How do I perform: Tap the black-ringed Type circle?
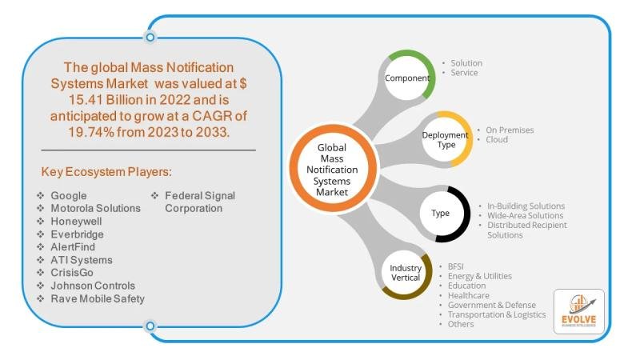[x=442, y=214]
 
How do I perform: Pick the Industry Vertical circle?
[x=406, y=272]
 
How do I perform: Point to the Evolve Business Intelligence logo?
[x=578, y=310]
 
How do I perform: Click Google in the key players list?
[x=68, y=195]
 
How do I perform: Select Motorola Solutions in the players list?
[x=95, y=208]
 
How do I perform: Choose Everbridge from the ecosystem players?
[x=77, y=234]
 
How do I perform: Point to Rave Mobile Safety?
[x=98, y=298]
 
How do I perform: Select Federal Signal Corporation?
[x=200, y=202]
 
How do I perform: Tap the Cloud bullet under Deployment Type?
[x=496, y=139]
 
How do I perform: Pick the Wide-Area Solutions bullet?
[x=525, y=215]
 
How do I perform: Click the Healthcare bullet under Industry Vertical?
[x=469, y=295]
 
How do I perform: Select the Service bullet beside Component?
[x=464, y=73]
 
